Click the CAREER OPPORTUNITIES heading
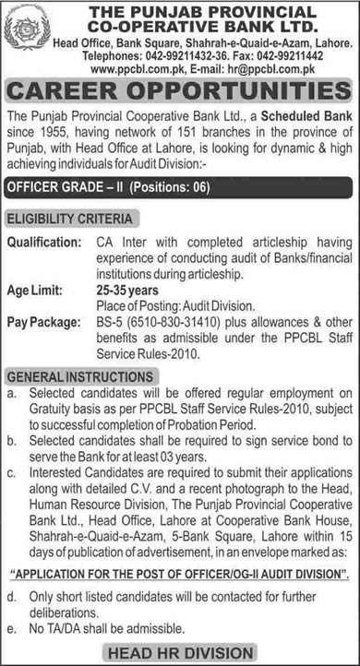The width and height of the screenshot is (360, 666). tap(179, 91)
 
